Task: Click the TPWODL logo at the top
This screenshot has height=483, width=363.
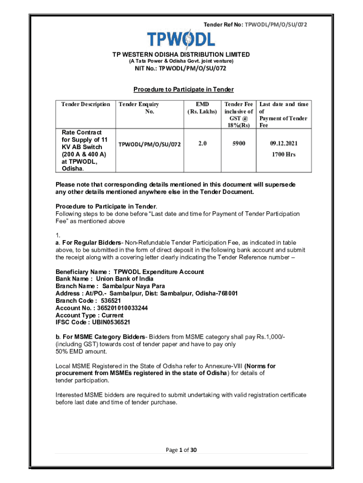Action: pos(181,39)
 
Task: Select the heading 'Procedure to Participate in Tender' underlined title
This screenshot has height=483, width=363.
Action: pos(183,89)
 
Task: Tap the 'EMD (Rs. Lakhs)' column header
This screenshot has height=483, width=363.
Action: pos(202,108)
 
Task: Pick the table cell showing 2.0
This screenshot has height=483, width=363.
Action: pos(202,143)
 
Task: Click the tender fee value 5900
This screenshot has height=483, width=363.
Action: pos(239,143)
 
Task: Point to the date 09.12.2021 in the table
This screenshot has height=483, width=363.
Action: pos(283,143)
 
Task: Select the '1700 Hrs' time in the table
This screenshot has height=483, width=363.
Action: pos(283,154)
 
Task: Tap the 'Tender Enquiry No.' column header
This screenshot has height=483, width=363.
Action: pos(139,108)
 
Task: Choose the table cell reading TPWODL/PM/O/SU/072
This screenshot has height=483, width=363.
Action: pos(149,143)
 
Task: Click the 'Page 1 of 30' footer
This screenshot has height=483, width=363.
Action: pos(181,450)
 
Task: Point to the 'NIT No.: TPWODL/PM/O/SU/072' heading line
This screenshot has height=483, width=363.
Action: pos(181,69)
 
